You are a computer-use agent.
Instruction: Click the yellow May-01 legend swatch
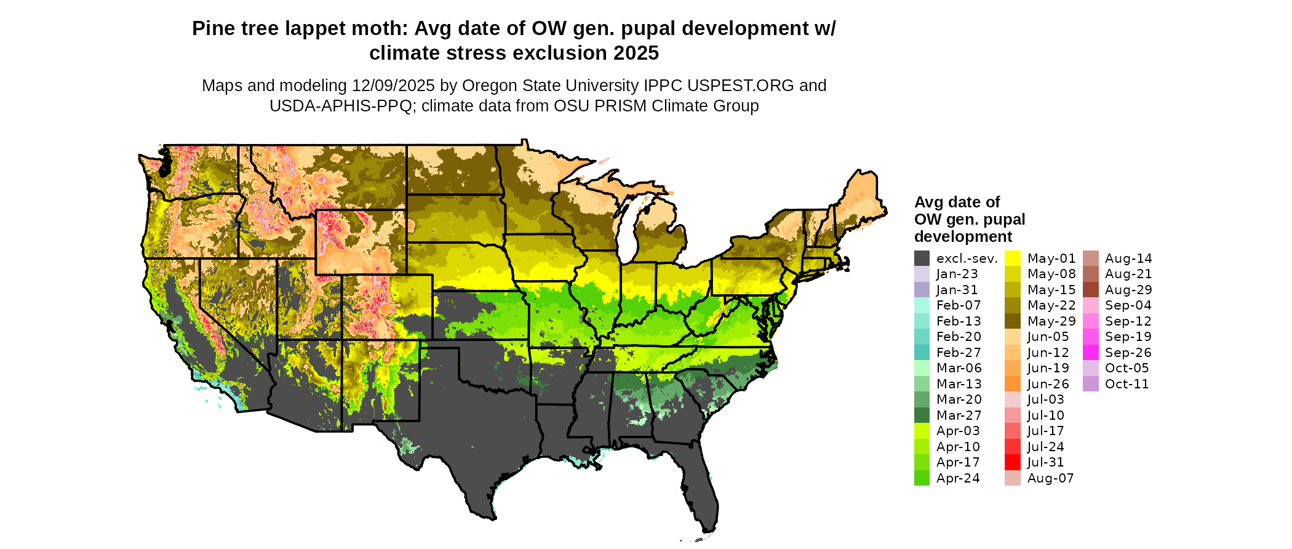tap(1012, 258)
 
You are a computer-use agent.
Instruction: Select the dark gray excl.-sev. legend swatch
tap(922, 258)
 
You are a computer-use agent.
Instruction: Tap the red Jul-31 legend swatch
tap(1012, 462)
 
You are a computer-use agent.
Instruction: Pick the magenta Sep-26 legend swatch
tap(1090, 353)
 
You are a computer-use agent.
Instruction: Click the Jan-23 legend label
tap(957, 274)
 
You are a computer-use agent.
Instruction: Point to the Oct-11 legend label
tap(1127, 384)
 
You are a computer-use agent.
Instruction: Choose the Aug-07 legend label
tap(1050, 478)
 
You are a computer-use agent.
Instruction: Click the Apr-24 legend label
tap(958, 478)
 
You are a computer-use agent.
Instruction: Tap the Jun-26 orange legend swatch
tap(1012, 384)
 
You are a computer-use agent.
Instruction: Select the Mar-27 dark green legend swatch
tap(922, 415)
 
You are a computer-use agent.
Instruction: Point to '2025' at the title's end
tap(634, 54)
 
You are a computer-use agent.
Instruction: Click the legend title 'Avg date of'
tap(957, 202)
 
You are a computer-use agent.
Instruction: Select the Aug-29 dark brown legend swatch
tap(1090, 290)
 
